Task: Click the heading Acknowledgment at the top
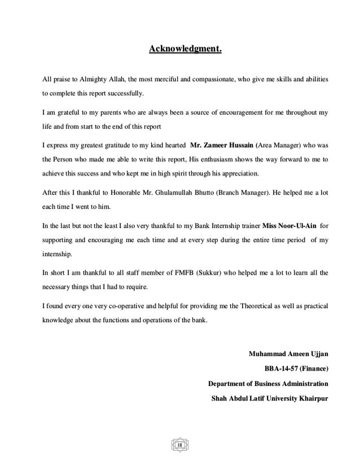coord(185,52)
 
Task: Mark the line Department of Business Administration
coord(268,384)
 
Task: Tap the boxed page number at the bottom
coord(180,447)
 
